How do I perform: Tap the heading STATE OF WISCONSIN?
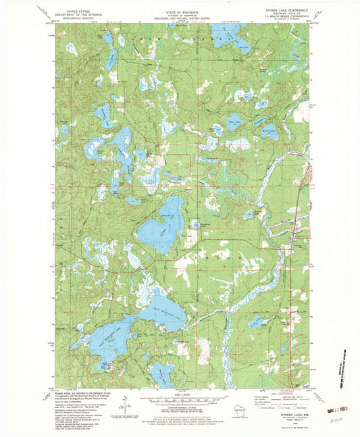pos(180,9)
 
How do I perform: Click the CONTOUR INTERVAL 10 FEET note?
pos(180,408)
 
